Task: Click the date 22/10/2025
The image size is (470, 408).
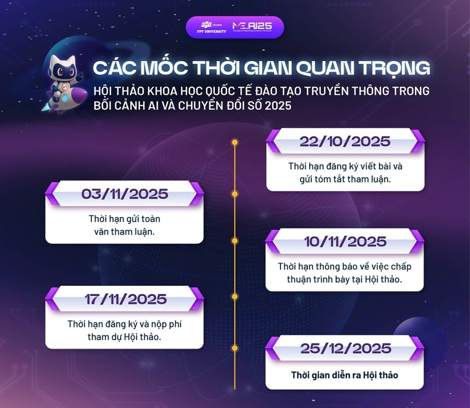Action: pyautogui.click(x=345, y=141)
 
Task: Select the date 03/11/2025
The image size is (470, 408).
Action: pyautogui.click(x=124, y=194)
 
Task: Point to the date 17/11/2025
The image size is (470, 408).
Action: pyautogui.click(x=124, y=299)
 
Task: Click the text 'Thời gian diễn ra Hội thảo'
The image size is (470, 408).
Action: pyautogui.click(x=345, y=375)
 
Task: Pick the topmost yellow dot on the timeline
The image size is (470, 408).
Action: pyautogui.click(x=234, y=141)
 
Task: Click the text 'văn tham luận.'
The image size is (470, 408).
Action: pyautogui.click(x=124, y=232)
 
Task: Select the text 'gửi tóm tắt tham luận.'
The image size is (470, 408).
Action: pyautogui.click(x=345, y=178)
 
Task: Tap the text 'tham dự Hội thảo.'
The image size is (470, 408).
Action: pyautogui.click(x=124, y=337)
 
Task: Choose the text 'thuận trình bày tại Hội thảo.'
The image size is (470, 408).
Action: pyautogui.click(x=345, y=279)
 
